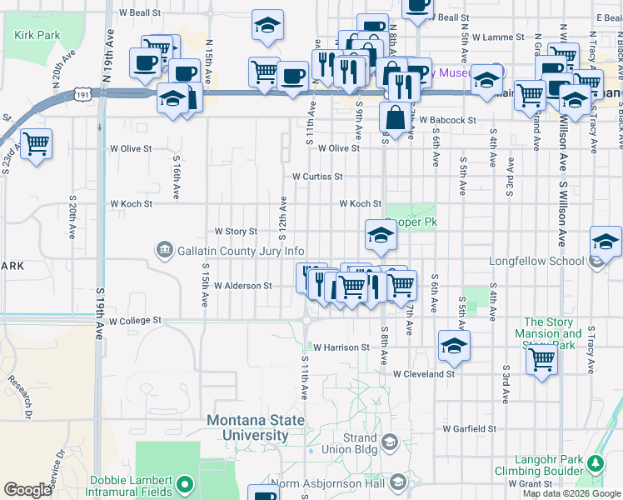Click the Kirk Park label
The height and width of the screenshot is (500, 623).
(x=37, y=36)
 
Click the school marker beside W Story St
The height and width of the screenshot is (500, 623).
(x=380, y=236)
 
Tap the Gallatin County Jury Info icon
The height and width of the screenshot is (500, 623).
(x=163, y=250)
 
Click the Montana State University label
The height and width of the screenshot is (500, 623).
(x=255, y=427)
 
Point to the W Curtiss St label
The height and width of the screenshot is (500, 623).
(x=317, y=177)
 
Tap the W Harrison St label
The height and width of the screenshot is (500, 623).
(x=341, y=347)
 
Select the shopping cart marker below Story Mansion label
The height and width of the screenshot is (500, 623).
(x=541, y=361)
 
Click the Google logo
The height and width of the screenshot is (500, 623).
(x=27, y=490)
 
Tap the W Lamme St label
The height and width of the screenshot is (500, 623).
(x=498, y=37)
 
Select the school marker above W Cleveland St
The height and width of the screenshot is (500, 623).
(x=454, y=345)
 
